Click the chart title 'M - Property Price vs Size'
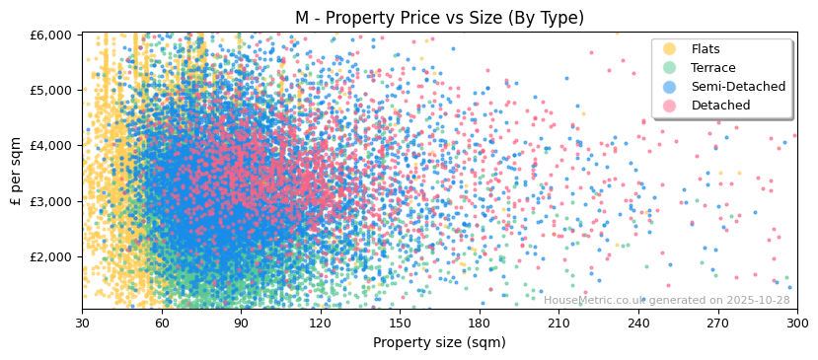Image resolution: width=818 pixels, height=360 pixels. [439, 18]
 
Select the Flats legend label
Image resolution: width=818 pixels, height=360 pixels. [706, 49]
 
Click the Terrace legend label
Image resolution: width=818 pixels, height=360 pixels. [713, 68]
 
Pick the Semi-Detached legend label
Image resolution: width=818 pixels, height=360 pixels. [738, 87]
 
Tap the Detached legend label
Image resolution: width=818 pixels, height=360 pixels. [720, 106]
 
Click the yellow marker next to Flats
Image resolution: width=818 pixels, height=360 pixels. [670, 49]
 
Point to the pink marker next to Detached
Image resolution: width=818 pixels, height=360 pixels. [670, 106]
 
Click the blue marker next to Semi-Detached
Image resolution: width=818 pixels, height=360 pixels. [670, 87]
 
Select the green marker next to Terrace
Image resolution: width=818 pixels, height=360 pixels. [670, 68]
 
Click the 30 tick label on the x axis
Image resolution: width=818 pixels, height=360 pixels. [82, 323]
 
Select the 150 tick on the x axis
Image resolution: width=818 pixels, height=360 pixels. [400, 323]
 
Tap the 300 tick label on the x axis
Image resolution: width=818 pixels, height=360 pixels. [797, 323]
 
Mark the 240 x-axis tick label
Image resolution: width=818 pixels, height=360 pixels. [638, 323]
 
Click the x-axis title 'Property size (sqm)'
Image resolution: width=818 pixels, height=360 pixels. [439, 342]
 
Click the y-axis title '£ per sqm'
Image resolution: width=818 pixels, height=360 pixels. [16, 172]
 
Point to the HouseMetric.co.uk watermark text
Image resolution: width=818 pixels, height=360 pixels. [666, 300]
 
